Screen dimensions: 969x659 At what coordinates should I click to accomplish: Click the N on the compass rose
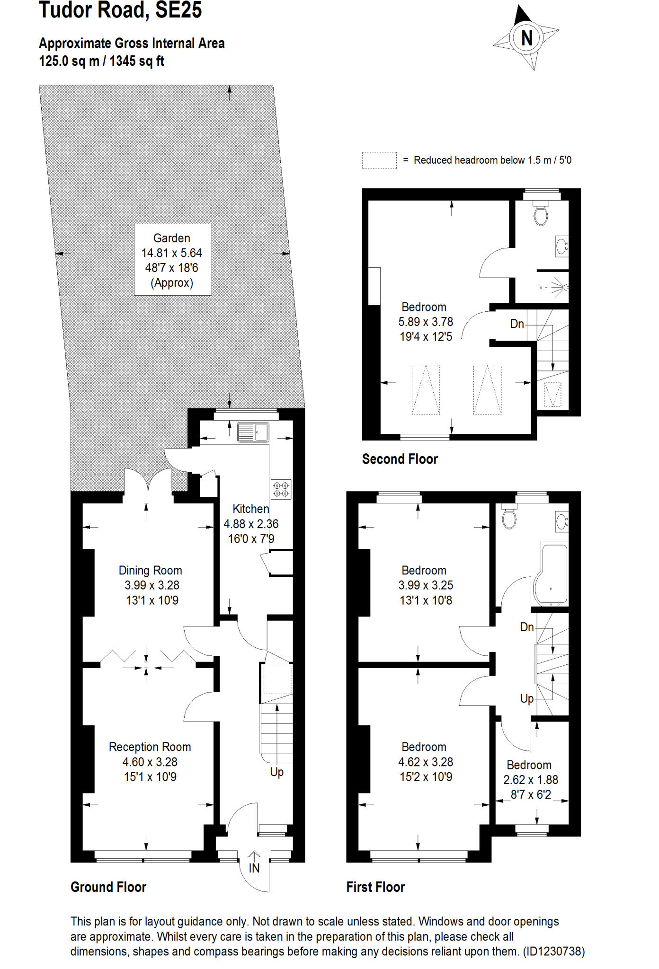[x=526, y=38]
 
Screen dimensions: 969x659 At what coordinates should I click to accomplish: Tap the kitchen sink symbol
[x=253, y=432]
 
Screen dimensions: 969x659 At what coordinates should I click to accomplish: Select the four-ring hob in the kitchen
[x=281, y=489]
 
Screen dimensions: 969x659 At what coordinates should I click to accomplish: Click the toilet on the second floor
[x=541, y=214]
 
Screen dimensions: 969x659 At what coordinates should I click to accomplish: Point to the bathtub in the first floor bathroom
[x=551, y=575]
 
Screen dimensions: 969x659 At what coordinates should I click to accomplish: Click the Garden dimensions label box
[x=172, y=260]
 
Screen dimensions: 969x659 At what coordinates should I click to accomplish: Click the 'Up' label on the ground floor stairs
[x=276, y=772]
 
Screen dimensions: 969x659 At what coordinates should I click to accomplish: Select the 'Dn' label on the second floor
[x=517, y=324]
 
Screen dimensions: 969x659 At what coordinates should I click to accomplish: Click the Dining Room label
[x=150, y=570]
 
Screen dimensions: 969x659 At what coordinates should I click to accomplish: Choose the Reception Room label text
[x=150, y=747]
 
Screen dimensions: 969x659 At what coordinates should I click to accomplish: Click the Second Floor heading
[x=400, y=459]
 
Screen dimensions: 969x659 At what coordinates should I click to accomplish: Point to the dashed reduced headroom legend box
[x=379, y=160]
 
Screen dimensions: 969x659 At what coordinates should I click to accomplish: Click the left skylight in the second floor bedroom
[x=426, y=389]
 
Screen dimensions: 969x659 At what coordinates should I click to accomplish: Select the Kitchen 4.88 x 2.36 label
[x=251, y=523]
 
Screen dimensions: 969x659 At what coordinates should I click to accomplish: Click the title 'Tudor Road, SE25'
[x=120, y=10]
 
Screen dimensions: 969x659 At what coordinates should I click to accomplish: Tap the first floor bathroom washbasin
[x=561, y=522]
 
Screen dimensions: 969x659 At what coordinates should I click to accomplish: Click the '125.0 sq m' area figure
[x=69, y=62]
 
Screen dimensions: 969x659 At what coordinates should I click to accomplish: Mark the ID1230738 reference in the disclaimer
[x=554, y=951]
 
